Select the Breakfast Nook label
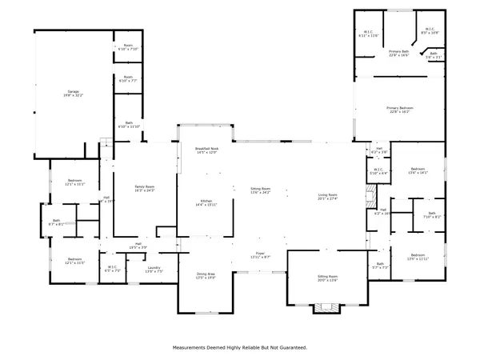coord(206,150)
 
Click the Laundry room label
coord(154,270)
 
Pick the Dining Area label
coord(206,275)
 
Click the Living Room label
coord(328,197)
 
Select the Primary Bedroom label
coord(399,109)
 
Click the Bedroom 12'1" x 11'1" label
coord(74,183)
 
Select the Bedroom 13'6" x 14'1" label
coord(418,170)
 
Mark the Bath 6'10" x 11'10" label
coord(128,125)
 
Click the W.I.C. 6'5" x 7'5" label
coord(113,270)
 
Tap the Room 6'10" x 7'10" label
coord(128,47)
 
